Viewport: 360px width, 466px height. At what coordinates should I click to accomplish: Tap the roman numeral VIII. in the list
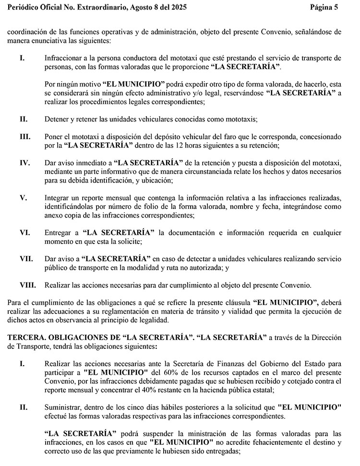(x=27, y=285)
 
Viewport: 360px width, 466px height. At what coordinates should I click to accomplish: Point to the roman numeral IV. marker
(x=25, y=162)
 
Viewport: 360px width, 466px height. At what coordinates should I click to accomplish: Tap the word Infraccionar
(x=64, y=58)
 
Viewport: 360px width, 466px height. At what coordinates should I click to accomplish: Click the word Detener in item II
(x=56, y=119)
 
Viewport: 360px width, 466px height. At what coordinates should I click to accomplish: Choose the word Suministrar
(x=65, y=407)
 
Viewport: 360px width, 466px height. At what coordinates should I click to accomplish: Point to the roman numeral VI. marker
(x=25, y=233)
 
